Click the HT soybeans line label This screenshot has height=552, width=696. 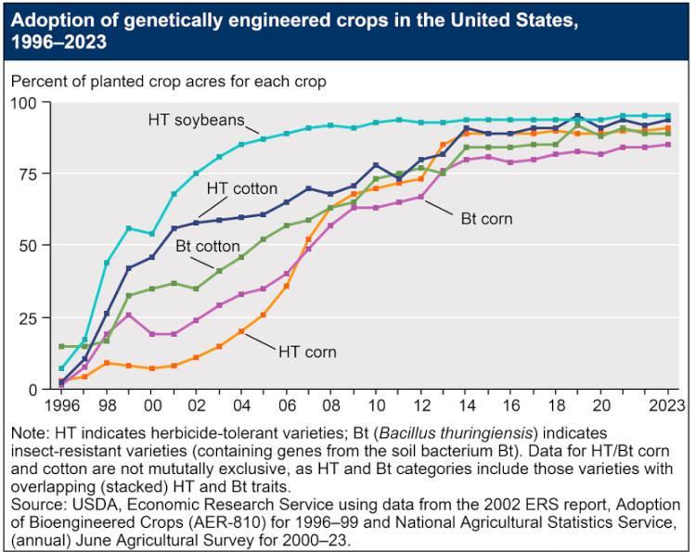coord(196,120)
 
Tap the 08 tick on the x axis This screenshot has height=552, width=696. coord(330,404)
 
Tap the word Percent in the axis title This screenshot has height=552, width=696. coord(37,82)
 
